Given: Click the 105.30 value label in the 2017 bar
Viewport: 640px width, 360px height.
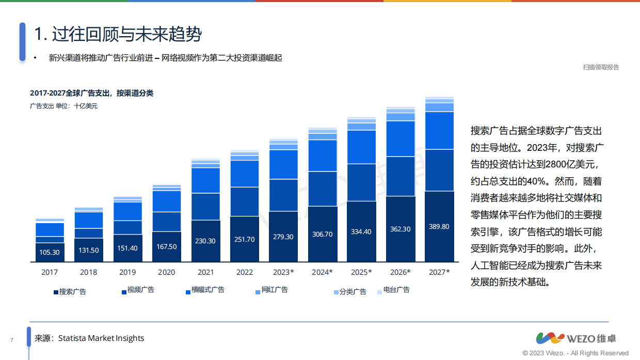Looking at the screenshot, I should click(x=50, y=253).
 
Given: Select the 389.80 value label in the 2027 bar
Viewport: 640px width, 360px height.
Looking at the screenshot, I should click(x=439, y=227).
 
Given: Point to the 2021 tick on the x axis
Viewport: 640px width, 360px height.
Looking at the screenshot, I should click(x=205, y=272).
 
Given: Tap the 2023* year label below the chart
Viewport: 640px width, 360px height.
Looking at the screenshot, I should click(x=283, y=272).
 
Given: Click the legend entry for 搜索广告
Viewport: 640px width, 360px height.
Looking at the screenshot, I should click(x=70, y=292).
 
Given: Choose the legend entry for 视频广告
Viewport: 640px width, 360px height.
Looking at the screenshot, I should click(x=138, y=290).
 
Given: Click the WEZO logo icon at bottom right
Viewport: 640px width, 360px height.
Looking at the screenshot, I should click(x=550, y=338).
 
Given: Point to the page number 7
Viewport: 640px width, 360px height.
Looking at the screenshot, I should click(x=11, y=340).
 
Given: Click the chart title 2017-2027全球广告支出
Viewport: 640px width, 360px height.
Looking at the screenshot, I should click(x=91, y=93).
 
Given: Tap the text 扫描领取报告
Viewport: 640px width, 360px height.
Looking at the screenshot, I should click(x=601, y=67).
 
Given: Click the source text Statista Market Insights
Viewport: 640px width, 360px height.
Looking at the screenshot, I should click(x=101, y=338).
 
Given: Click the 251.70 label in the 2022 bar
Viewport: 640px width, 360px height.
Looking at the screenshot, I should click(x=244, y=239).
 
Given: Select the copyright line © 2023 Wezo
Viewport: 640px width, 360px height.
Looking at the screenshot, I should click(x=575, y=353).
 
